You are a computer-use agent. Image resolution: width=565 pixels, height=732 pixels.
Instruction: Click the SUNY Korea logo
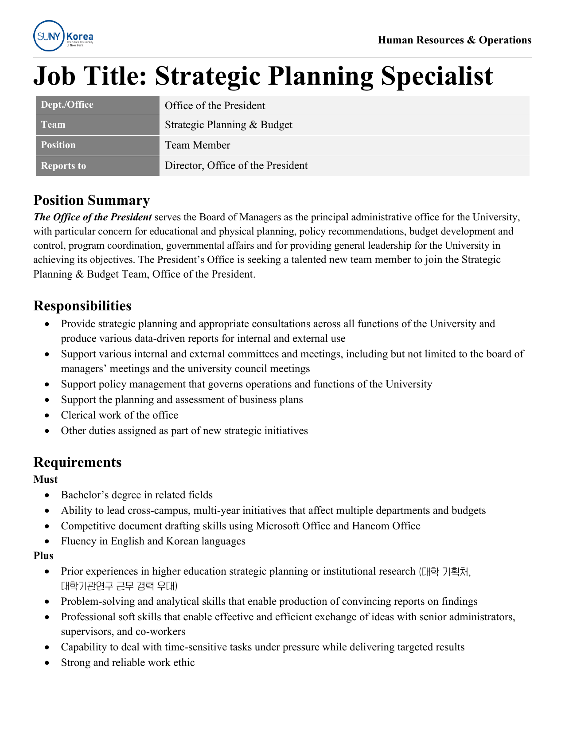point(63,36)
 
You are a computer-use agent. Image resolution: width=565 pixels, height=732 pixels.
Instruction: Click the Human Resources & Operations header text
point(454,40)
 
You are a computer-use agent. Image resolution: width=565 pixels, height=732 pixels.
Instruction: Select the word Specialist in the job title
point(436,76)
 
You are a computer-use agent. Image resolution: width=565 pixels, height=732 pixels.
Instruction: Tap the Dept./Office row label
point(67,105)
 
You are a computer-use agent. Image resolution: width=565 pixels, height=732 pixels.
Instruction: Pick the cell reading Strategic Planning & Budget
point(229,125)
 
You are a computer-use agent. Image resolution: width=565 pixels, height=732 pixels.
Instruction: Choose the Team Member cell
point(198,145)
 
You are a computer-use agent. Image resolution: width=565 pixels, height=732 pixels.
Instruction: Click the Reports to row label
point(63,166)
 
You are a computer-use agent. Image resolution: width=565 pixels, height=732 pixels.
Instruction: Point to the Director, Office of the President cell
point(236,166)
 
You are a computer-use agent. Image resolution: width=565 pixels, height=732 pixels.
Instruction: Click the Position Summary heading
point(91,200)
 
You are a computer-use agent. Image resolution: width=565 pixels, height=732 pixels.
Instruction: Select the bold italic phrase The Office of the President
point(93,217)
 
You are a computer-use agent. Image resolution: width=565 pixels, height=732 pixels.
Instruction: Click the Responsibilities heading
point(82,306)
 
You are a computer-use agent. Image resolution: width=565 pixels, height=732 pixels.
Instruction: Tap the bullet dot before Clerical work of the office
point(47,415)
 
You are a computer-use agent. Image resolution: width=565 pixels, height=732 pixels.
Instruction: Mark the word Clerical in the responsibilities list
point(78,415)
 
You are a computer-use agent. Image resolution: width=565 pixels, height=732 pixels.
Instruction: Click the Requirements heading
point(78,462)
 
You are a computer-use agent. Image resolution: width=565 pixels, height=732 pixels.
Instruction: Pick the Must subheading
point(46,480)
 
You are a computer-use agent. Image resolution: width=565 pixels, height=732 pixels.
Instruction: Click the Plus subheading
point(43,556)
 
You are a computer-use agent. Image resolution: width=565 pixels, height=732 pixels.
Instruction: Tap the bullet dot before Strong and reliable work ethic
point(47,663)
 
